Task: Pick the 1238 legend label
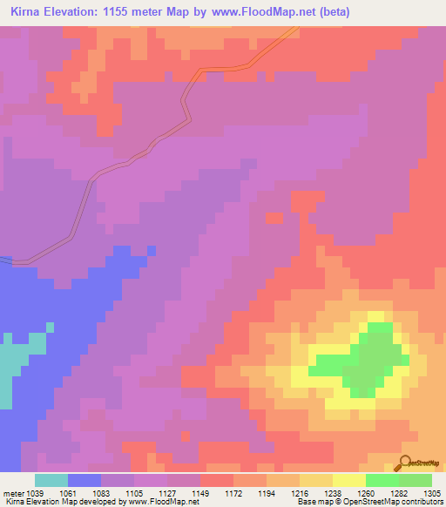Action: (347, 494)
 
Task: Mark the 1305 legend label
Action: (432, 494)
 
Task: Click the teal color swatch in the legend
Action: (51, 480)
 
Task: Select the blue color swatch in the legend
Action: (84, 480)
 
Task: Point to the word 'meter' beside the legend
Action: (16, 494)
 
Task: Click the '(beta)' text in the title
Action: (331, 12)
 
